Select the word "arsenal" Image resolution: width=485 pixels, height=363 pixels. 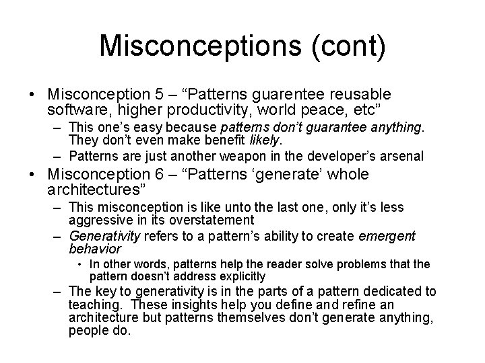coord(401,156)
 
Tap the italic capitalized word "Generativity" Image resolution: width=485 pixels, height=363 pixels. coord(103,236)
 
